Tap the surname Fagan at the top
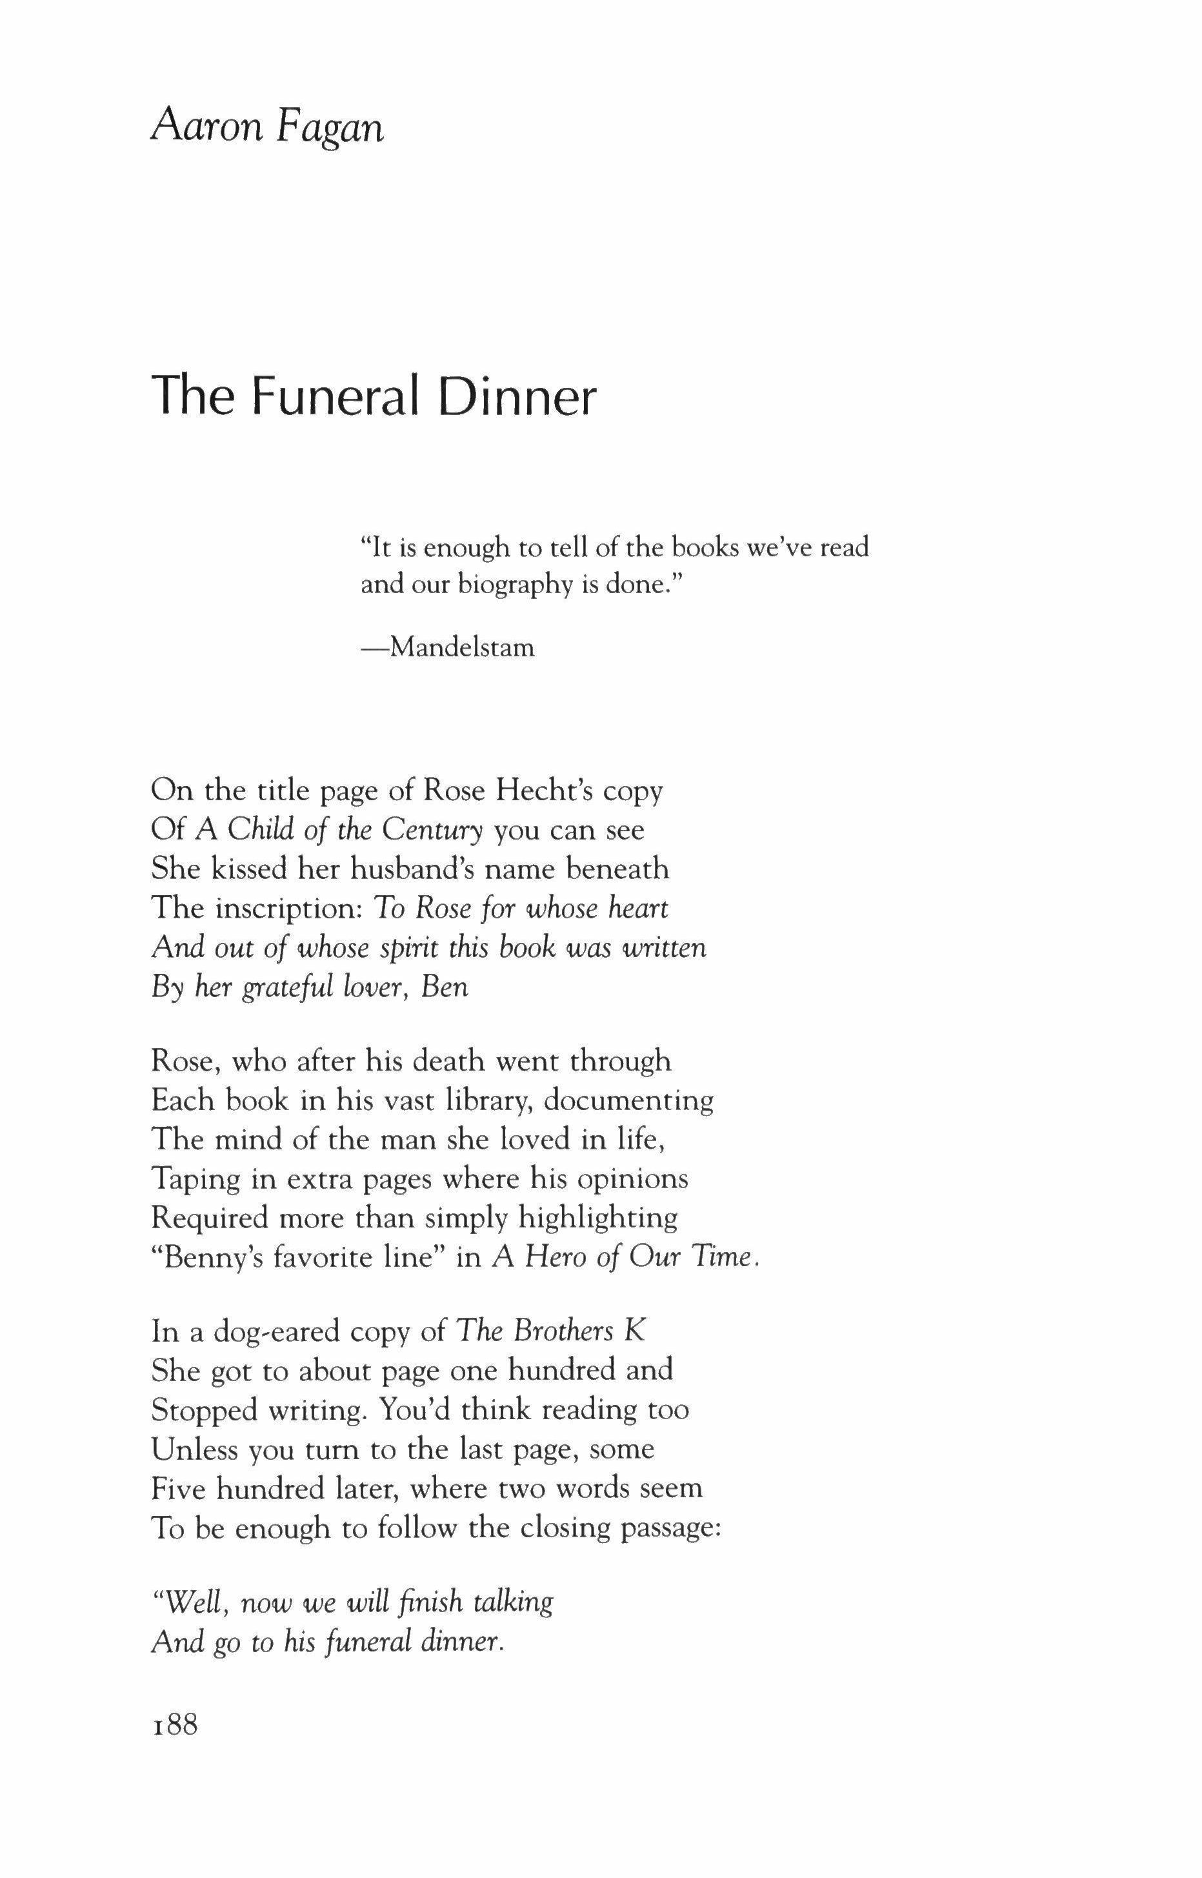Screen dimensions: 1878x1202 pos(330,127)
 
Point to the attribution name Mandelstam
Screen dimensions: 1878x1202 pos(462,647)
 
